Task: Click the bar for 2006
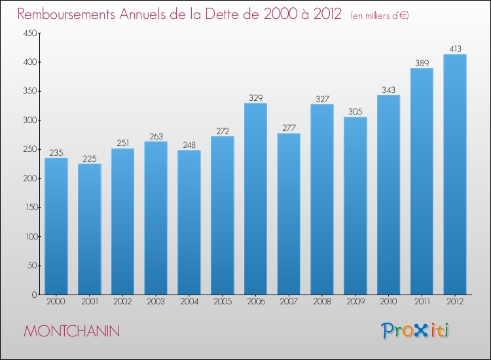click(x=255, y=199)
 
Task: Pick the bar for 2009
click(x=355, y=206)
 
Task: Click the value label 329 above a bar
click(x=255, y=98)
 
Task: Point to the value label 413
click(x=455, y=48)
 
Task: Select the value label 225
click(x=89, y=158)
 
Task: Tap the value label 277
click(x=289, y=128)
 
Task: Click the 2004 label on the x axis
click(x=189, y=302)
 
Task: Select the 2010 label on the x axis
click(x=388, y=302)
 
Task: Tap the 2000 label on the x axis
click(x=56, y=302)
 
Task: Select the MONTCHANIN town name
click(x=71, y=331)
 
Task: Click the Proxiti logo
click(x=415, y=331)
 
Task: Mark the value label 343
click(x=388, y=90)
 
